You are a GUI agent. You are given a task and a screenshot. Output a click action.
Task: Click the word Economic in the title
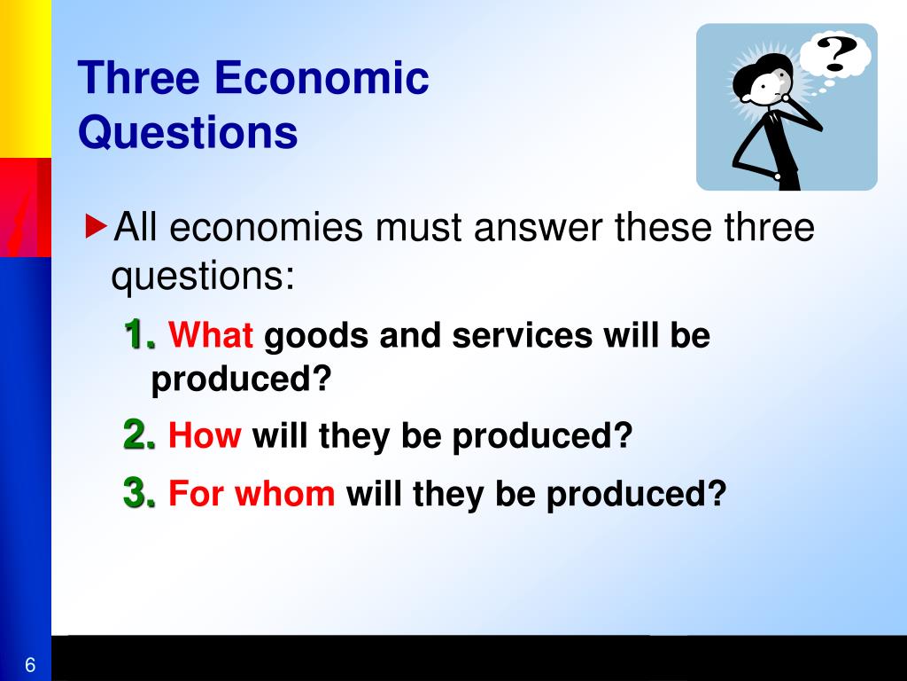click(322, 78)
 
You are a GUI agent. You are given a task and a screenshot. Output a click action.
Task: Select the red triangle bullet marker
click(96, 226)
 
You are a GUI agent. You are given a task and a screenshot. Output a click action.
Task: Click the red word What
click(211, 334)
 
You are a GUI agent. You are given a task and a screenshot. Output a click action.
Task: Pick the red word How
click(205, 434)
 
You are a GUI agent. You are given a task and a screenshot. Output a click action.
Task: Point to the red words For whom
click(252, 493)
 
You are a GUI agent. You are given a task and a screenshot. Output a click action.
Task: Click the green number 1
click(140, 334)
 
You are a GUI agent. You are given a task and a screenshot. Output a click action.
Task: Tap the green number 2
click(139, 434)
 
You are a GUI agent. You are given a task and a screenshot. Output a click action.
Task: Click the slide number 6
click(30, 665)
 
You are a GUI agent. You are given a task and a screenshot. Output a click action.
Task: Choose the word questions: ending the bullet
click(203, 278)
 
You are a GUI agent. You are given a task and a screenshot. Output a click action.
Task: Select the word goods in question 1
click(316, 335)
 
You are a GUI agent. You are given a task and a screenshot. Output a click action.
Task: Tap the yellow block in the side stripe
click(26, 79)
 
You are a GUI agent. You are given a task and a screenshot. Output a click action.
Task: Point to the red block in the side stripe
click(26, 207)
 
